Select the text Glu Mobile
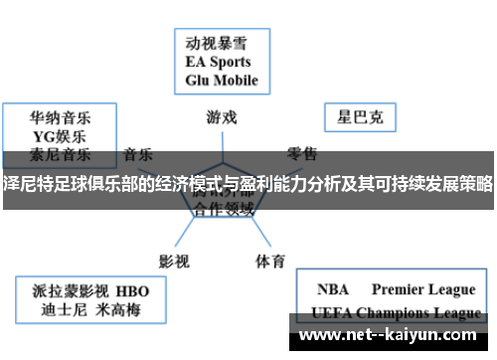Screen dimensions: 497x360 (x=221, y=80)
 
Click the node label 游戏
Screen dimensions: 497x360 (x=222, y=116)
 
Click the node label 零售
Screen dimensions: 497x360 (x=302, y=154)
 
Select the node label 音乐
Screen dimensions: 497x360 (x=138, y=154)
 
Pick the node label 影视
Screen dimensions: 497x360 (x=174, y=233)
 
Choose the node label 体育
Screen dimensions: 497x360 (x=270, y=234)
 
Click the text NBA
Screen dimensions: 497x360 (x=333, y=290)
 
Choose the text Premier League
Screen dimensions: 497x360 (x=423, y=290)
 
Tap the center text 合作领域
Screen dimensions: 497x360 (x=224, y=211)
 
